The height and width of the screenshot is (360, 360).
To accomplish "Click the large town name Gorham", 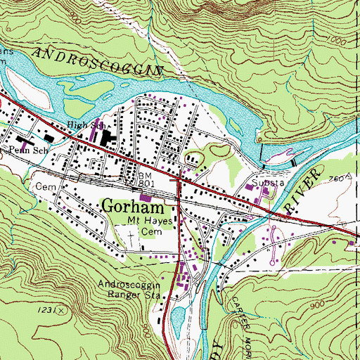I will pos(134,207).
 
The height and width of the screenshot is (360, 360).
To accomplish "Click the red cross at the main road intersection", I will pos(180,180).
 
